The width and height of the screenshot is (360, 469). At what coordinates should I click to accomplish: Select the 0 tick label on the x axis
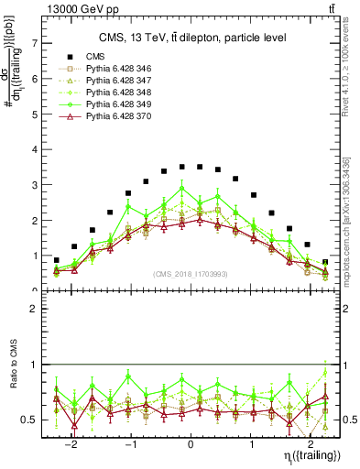191,441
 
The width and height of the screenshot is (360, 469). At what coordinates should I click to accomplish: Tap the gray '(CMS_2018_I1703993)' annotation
191,275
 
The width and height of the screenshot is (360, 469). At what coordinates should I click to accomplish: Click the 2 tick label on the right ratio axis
347,310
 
